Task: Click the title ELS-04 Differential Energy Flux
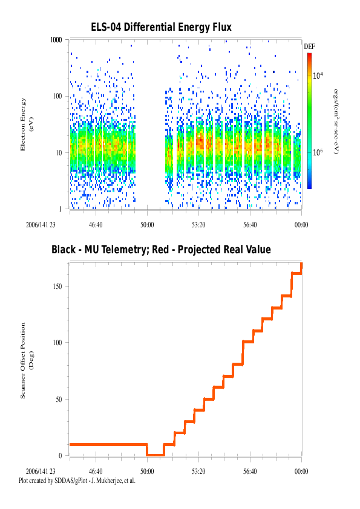click(x=161, y=27)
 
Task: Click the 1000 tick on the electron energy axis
click(x=56, y=40)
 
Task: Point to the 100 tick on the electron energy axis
click(x=57, y=96)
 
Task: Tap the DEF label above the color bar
click(x=309, y=47)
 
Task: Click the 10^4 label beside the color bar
click(x=318, y=76)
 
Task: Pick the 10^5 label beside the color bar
click(x=318, y=152)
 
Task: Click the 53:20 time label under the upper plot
click(x=198, y=225)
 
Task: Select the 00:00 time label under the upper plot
click(x=301, y=225)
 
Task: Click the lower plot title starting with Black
click(x=161, y=250)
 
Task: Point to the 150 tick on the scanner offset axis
click(x=57, y=287)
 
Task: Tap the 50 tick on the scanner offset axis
click(x=59, y=399)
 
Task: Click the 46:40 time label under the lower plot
click(x=96, y=472)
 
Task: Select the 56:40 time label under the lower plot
click(x=250, y=472)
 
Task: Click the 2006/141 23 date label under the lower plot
click(x=41, y=472)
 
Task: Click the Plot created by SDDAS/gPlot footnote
click(x=77, y=481)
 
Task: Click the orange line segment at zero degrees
click(x=155, y=455)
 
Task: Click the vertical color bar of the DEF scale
click(x=309, y=121)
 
